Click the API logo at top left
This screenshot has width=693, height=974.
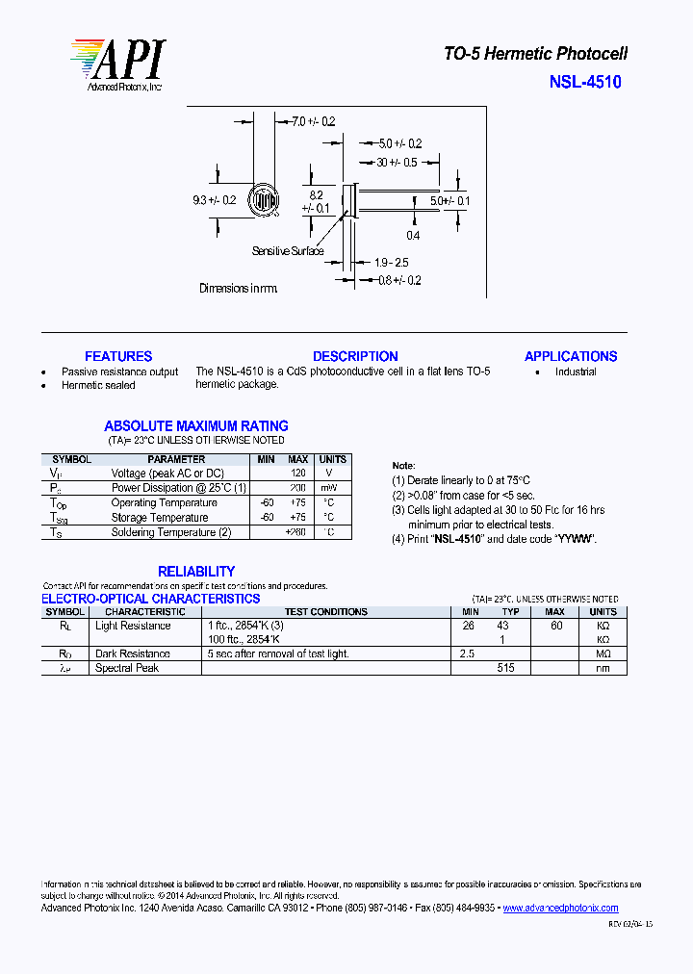pyautogui.click(x=116, y=64)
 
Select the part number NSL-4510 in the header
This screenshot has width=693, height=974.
pyautogui.click(x=585, y=82)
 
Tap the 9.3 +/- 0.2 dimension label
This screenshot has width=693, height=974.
pyautogui.click(x=214, y=200)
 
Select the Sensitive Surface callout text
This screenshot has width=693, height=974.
pyautogui.click(x=288, y=251)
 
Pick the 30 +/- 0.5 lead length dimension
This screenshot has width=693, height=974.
pyautogui.click(x=397, y=162)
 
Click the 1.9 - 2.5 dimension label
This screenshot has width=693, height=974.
pyautogui.click(x=392, y=262)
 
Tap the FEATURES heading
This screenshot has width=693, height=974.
pyautogui.click(x=118, y=356)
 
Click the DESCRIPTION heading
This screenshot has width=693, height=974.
pyautogui.click(x=355, y=356)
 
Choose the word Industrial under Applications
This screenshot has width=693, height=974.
pyautogui.click(x=576, y=372)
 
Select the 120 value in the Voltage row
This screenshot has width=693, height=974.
pyautogui.click(x=298, y=474)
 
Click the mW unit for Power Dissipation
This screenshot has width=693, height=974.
pyautogui.click(x=329, y=488)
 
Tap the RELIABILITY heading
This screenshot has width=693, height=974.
pyautogui.click(x=196, y=571)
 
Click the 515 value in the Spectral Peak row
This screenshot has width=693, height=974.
pyautogui.click(x=506, y=668)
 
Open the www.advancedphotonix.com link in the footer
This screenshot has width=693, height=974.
pyautogui.click(x=560, y=908)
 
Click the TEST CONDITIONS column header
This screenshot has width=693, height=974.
pyautogui.click(x=325, y=611)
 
